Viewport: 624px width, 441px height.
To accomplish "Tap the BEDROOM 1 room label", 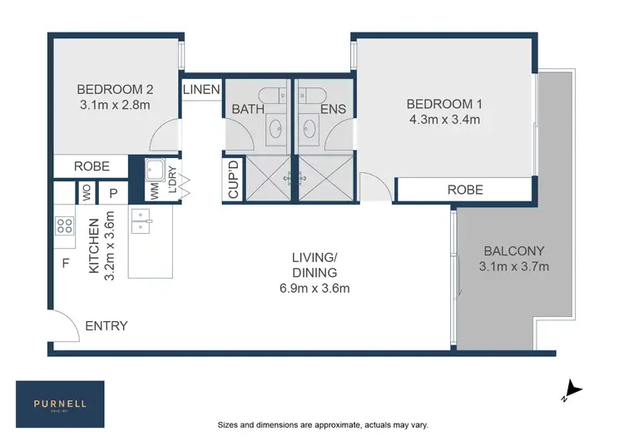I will [443, 104].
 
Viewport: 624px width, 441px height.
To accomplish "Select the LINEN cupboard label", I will [201, 89].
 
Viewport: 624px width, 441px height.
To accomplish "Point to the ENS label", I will [333, 109].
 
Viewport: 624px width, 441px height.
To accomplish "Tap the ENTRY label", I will [106, 325].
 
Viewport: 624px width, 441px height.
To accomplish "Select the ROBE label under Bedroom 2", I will [92, 166].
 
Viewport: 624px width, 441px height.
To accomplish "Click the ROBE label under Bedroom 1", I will [465, 190].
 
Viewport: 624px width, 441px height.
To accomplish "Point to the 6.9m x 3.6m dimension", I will [314, 289].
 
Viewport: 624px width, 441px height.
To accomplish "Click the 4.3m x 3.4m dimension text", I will [443, 120].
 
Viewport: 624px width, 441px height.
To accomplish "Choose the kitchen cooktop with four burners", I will [64, 225].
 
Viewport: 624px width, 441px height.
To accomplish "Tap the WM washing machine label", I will [155, 191].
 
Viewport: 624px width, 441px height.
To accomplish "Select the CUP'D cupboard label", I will [234, 179].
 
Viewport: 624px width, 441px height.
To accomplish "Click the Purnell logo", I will [60, 404].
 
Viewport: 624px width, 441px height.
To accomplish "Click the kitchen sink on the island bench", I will [141, 221].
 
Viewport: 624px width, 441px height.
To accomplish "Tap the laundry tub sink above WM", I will [155, 170].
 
